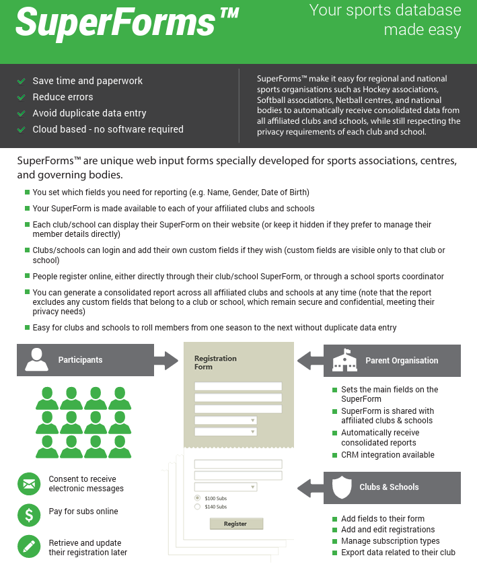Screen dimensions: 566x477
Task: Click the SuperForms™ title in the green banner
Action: tap(126, 23)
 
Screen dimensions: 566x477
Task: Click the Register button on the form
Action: tap(235, 524)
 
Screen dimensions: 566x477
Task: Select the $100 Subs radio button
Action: tap(197, 497)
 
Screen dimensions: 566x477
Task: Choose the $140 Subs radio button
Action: tap(197, 506)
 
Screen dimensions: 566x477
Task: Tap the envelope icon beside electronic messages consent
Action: tap(28, 483)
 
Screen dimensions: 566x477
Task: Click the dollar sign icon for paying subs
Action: tap(28, 515)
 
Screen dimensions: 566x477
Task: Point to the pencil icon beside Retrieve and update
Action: tap(28, 547)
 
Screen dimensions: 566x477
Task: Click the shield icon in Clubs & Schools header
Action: tap(343, 487)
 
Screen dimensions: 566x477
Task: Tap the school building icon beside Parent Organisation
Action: tap(344, 361)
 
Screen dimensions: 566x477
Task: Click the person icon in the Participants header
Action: tap(36, 360)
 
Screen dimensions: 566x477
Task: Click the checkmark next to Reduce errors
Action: tap(22, 97)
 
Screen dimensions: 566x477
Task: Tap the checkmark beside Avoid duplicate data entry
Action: tap(22, 113)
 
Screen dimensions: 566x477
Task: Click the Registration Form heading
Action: tap(215, 363)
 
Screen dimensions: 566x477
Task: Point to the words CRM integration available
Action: tap(388, 455)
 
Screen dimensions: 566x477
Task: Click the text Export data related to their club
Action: tap(398, 553)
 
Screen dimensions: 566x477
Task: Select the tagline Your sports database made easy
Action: tap(385, 20)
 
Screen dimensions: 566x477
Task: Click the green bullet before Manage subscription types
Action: tap(335, 541)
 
